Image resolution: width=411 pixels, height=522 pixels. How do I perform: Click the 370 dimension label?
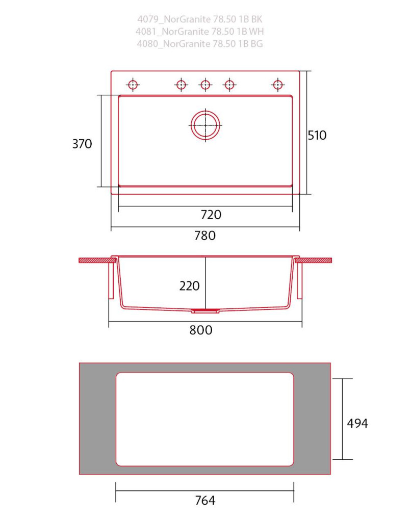pos(82,144)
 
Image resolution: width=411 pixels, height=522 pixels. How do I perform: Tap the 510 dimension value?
pos(317,135)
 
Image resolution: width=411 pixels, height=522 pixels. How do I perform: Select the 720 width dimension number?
pos(211,215)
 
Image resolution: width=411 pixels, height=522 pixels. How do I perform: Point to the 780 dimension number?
pos(205,236)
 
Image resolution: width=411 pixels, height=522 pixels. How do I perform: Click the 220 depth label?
pos(189,286)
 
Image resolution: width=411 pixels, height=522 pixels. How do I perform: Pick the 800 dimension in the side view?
pos(201,330)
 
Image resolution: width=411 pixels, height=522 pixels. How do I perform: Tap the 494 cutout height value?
pos(357,424)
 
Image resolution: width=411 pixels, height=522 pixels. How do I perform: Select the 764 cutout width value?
pos(205,501)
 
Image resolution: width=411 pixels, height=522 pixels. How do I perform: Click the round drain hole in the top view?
pos(205,125)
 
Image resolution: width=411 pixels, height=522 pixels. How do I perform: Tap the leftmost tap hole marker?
pos(133,85)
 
